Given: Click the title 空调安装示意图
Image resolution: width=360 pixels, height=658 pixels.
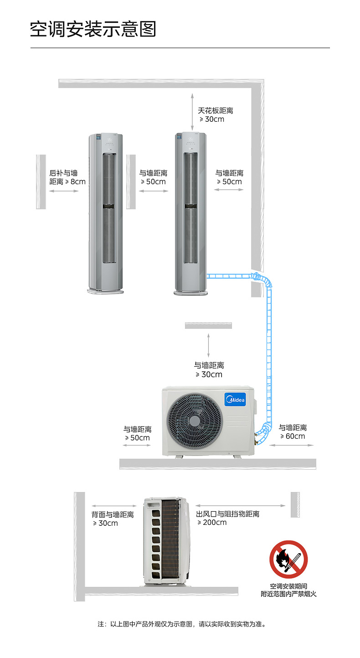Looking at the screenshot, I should pos(93,29).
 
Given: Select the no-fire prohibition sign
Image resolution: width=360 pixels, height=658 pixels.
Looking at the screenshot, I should pos(288,560).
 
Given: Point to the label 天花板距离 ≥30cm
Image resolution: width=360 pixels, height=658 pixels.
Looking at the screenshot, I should pos(215,115).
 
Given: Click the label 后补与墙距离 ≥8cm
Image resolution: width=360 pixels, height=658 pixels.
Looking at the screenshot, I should pos(67,177).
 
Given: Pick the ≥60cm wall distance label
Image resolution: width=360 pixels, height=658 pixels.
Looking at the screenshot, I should pos(293,432).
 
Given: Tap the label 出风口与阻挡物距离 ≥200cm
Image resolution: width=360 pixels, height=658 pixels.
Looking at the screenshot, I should pos(228,518).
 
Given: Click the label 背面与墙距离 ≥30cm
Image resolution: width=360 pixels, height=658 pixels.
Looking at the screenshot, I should pos(113,519).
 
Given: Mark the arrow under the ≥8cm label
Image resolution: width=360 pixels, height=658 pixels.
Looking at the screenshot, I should pos(63,191).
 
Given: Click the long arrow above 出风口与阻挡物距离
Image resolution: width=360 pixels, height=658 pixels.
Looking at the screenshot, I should pos(241,506).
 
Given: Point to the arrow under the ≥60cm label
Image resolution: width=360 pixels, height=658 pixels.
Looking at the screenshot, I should pos(292,446).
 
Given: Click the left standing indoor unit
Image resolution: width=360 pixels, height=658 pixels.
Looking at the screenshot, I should pos(106,213).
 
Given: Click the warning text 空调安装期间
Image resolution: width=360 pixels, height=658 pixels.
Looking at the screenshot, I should pos(288,586).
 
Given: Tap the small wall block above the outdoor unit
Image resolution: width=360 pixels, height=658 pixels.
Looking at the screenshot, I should pos(208,326).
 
